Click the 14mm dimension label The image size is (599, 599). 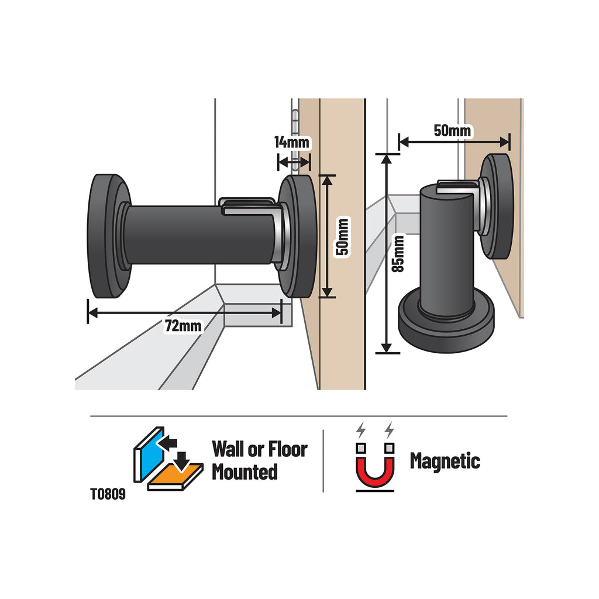point(291,143)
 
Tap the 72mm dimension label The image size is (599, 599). point(183,326)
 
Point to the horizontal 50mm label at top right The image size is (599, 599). point(452,130)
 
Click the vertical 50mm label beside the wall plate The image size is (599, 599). point(342,236)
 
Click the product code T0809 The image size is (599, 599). point(108,494)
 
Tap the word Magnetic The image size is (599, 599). point(445,461)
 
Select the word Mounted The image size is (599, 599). point(245,472)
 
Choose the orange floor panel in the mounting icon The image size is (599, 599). point(175,476)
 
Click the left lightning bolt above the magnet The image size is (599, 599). point(360,430)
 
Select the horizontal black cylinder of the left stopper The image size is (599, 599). point(201,235)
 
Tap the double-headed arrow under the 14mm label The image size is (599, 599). point(294,163)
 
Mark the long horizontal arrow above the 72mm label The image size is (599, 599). point(185,313)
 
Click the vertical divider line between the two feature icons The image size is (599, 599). point(323,461)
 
